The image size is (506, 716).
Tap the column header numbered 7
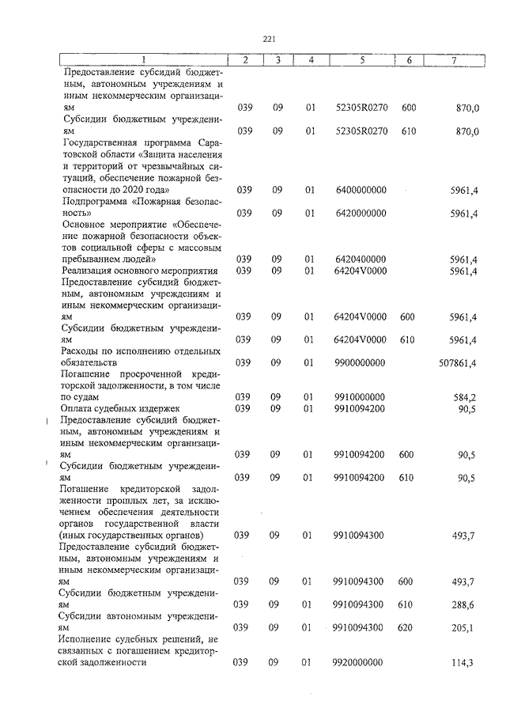(x=453, y=60)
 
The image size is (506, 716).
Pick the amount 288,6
(x=462, y=604)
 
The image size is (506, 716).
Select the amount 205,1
(x=462, y=627)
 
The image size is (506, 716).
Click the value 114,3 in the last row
(x=462, y=663)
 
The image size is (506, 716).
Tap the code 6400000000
(x=361, y=190)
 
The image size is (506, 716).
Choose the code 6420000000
(x=361, y=213)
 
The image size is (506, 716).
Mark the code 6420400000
(x=361, y=259)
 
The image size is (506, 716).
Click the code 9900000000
(x=361, y=362)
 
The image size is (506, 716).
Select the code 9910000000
(x=361, y=396)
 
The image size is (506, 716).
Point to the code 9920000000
(x=361, y=663)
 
